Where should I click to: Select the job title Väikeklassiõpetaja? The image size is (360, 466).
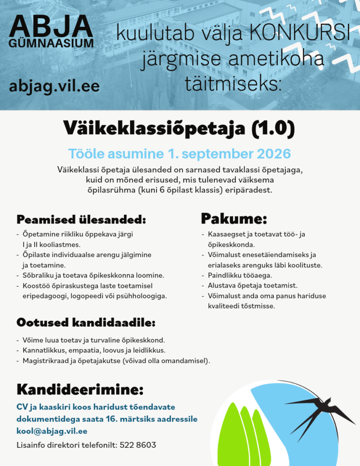point(154,129)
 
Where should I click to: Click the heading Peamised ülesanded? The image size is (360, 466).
point(81,219)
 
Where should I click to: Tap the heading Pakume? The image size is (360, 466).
point(234,218)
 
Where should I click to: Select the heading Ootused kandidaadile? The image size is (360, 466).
point(86,323)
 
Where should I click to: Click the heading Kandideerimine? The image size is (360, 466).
point(80,390)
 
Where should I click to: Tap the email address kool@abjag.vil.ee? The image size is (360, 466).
point(52,431)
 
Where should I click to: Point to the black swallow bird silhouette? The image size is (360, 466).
point(319,412)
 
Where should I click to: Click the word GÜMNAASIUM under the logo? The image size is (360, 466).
point(51,43)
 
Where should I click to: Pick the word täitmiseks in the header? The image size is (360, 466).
point(233,84)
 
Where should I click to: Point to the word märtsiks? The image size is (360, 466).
point(138,419)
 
